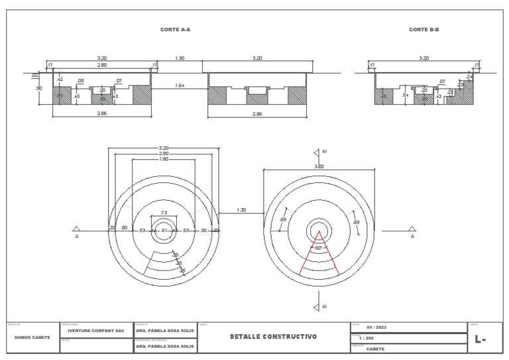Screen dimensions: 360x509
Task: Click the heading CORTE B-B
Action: [424, 30]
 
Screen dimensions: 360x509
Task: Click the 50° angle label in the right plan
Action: [318, 248]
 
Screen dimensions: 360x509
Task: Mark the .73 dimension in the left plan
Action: [163, 212]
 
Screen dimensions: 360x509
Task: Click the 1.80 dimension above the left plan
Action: [163, 159]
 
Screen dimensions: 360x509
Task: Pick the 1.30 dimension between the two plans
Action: [241, 210]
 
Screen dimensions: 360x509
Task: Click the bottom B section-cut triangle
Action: [317, 306]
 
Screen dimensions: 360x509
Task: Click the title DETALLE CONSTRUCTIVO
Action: [273, 337]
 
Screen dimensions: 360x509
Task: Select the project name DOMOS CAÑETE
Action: [31, 337]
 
